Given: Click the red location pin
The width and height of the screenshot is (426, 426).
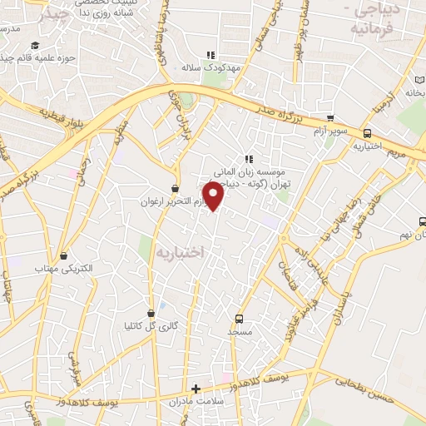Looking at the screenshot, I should (214, 196).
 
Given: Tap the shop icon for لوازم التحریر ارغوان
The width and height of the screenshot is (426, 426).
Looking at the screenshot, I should (175, 189).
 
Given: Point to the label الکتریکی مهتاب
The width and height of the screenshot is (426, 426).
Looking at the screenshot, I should (63, 268).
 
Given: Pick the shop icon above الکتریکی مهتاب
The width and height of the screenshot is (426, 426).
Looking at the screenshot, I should (63, 255).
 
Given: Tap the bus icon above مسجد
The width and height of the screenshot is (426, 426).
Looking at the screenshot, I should (240, 319).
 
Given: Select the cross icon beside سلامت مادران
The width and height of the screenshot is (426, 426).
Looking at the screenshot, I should (196, 389).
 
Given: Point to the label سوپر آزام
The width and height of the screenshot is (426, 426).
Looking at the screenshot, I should (330, 131).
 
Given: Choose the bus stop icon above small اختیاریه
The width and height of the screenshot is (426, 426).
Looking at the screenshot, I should (367, 133).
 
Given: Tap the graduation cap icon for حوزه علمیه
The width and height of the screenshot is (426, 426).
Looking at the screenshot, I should (35, 45).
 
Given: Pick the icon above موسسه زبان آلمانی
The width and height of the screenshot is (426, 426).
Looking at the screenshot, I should (248, 158).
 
